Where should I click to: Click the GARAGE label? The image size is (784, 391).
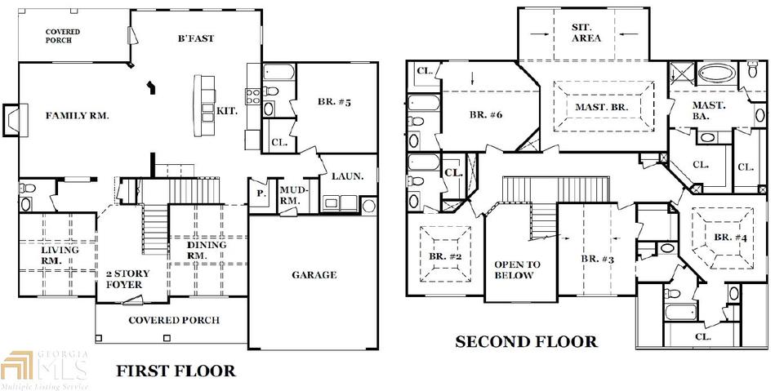click(314, 274)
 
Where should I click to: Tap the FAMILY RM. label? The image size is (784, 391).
click(78, 115)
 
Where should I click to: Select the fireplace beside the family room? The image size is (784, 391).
click(14, 120)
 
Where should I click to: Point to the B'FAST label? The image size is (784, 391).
click(195, 38)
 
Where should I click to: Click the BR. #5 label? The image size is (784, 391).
click(334, 103)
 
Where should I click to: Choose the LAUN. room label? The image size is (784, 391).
click(347, 176)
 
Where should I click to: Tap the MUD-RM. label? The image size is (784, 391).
click(293, 196)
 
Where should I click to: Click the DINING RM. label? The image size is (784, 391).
click(206, 250)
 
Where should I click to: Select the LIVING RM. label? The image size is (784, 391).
click(59, 255)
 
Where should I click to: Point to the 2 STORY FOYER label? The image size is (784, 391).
click(127, 279)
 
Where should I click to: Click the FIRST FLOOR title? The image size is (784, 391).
click(176, 371)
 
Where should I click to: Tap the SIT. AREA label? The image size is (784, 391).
click(586, 33)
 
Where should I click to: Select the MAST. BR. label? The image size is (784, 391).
click(601, 107)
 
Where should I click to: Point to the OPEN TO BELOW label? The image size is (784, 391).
click(517, 270)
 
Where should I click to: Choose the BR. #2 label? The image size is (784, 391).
click(445, 256)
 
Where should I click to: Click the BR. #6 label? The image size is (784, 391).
click(485, 114)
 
